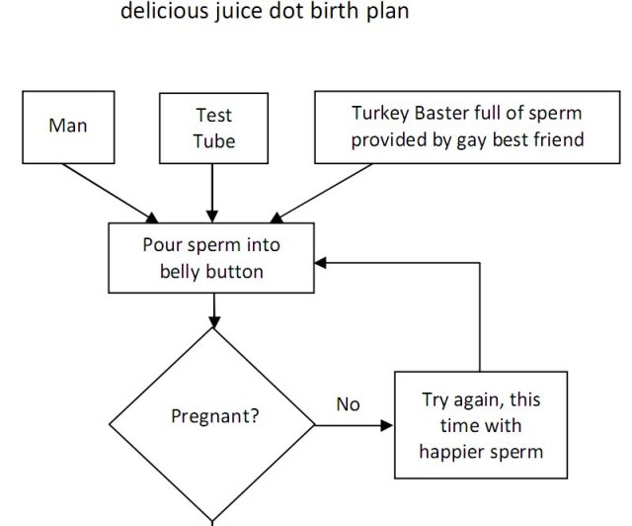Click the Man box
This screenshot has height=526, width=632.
(67, 126)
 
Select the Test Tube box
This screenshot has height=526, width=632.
(213, 128)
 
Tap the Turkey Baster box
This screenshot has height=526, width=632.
(467, 126)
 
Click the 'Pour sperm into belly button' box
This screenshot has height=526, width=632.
(211, 257)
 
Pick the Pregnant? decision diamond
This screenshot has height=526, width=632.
(211, 425)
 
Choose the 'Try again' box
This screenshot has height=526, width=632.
(481, 426)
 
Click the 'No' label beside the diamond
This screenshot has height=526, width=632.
(348, 404)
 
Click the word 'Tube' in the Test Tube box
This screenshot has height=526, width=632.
(213, 140)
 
